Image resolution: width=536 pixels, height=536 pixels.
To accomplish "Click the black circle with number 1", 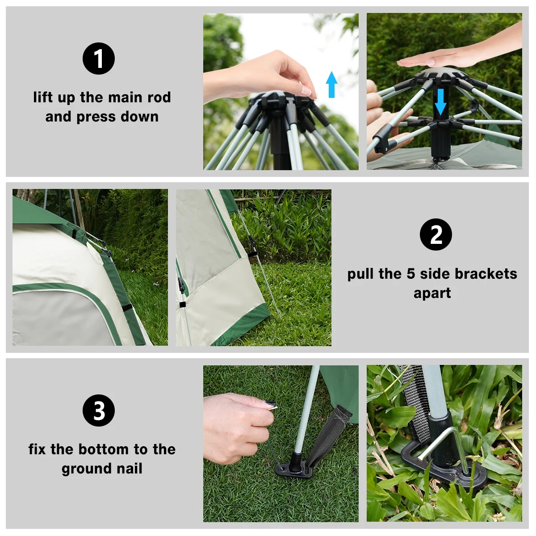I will (99, 59).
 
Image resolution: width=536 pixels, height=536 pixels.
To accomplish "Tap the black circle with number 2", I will (436, 234).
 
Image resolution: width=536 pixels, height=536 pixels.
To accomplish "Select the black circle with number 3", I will (99, 410).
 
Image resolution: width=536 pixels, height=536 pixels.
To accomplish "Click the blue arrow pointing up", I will (331, 84).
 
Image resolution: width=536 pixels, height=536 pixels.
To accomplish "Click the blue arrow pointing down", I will (441, 102).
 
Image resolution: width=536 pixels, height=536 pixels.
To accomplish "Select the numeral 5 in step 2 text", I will (411, 273).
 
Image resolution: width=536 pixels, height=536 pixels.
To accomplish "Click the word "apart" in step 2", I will (432, 293).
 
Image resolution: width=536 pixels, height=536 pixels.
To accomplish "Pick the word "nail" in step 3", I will (130, 469).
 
